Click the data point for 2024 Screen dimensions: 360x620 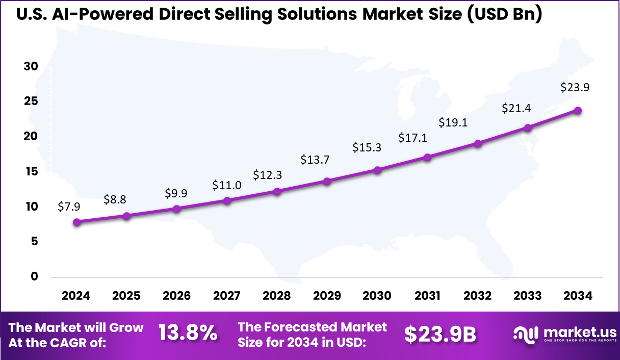coord(76,222)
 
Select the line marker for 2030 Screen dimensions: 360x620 coord(377,170)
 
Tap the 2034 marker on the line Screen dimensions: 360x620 coord(578,111)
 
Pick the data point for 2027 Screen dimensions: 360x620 coord(227,200)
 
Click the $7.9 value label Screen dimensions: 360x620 coord(68,207)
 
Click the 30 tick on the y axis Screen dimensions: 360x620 coord(31,66)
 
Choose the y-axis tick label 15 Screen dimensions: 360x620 coord(31,171)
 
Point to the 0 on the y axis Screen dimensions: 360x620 coord(35,276)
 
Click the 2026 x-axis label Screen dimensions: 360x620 coord(176,296)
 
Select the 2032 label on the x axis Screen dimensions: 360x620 coord(478,296)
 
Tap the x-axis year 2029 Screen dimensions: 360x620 coord(327,296)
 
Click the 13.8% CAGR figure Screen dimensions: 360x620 coord(188,333)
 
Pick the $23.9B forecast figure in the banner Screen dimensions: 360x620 coord(440,334)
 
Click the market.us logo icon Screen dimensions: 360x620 coord(526,334)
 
